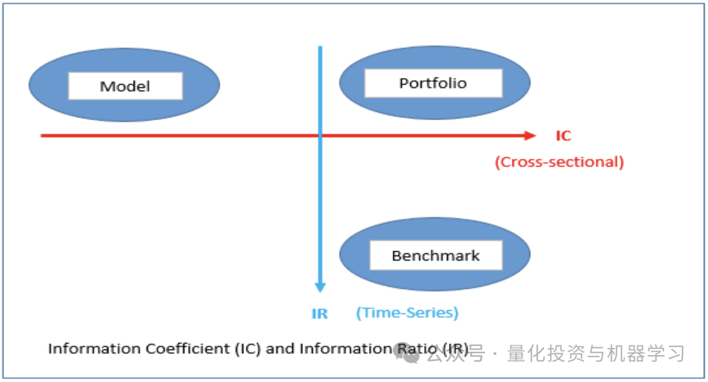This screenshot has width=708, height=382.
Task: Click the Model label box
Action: (x=125, y=86)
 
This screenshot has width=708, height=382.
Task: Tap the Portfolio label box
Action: (x=433, y=83)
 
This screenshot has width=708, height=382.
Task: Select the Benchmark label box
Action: (x=436, y=256)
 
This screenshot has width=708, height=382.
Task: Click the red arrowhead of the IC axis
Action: (x=530, y=136)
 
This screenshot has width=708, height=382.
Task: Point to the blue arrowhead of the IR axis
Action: (x=320, y=288)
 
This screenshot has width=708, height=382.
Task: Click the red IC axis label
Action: (x=564, y=136)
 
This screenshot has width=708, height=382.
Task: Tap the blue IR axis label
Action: (x=320, y=313)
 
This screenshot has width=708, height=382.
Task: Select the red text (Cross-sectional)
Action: (x=559, y=162)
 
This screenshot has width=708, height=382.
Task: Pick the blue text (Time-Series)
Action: (x=407, y=313)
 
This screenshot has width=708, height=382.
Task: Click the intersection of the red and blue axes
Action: (x=320, y=136)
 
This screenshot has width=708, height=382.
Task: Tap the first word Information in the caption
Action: (x=95, y=349)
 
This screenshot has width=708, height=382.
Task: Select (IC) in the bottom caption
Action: (x=248, y=349)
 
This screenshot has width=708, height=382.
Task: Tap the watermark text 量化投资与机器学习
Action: (x=596, y=354)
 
